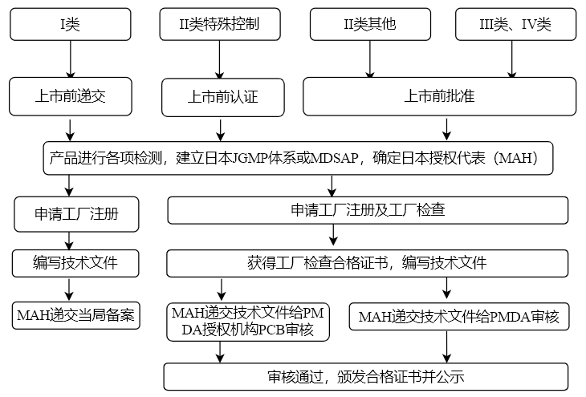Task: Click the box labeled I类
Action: coord(71,24)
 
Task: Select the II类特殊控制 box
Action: coord(219,24)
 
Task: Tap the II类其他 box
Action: coord(369,24)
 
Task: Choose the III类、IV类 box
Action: coord(515,24)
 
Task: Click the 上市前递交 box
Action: coord(71,96)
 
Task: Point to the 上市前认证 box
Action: coord(222,98)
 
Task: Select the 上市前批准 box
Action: coord(438,96)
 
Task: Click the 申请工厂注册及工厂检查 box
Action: coord(368,210)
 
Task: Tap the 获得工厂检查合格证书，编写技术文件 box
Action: coord(368,262)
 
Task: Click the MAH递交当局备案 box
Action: coord(76,314)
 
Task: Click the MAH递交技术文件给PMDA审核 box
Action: coord(459,317)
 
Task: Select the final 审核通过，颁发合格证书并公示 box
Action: coord(366,376)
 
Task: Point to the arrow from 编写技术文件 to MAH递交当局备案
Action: coord(71,288)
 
